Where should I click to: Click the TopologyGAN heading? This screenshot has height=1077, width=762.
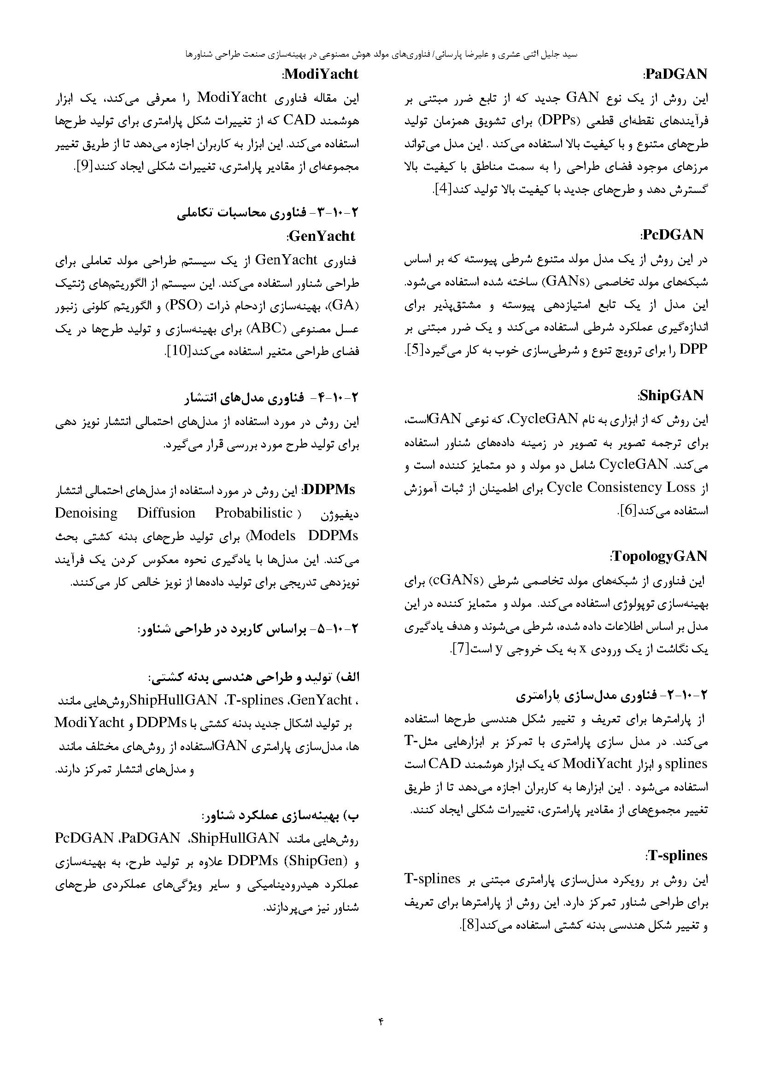(660, 556)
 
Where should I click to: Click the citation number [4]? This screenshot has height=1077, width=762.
(442, 190)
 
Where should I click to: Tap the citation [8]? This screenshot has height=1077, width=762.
(469, 925)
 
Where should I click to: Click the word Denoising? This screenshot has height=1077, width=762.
(86, 512)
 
